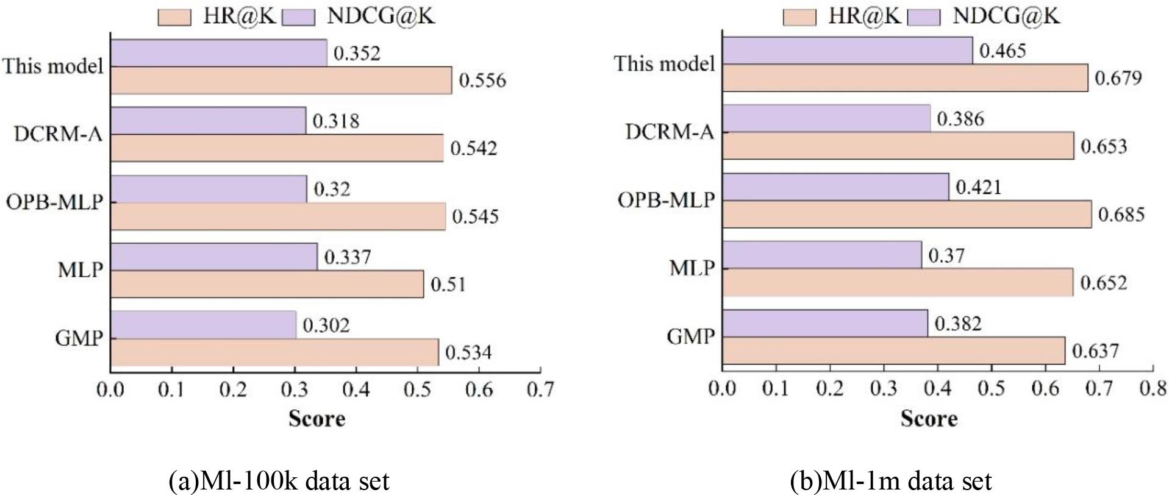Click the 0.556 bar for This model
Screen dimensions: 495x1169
click(x=281, y=80)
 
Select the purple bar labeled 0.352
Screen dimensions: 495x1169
click(x=218, y=53)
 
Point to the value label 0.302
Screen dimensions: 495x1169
click(x=326, y=325)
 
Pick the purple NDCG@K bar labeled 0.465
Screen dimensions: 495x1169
click(x=847, y=50)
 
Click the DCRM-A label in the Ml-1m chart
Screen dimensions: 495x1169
click(x=669, y=132)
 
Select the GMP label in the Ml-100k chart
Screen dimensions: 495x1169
click(x=79, y=338)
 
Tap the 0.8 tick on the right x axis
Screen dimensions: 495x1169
click(x=1152, y=388)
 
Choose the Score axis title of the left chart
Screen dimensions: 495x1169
click(x=316, y=418)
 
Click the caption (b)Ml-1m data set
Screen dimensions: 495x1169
click(x=890, y=481)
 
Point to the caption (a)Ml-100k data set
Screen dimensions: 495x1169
click(x=278, y=481)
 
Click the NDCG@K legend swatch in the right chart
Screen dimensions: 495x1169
click(x=923, y=17)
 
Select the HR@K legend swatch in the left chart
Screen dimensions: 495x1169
click(x=174, y=17)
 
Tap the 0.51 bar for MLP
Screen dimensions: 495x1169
click(x=266, y=284)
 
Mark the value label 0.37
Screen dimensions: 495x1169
click(x=946, y=255)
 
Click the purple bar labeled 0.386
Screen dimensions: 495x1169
click(x=826, y=118)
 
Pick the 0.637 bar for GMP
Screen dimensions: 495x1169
click(x=893, y=351)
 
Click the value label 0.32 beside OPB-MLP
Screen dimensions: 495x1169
click(x=332, y=189)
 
